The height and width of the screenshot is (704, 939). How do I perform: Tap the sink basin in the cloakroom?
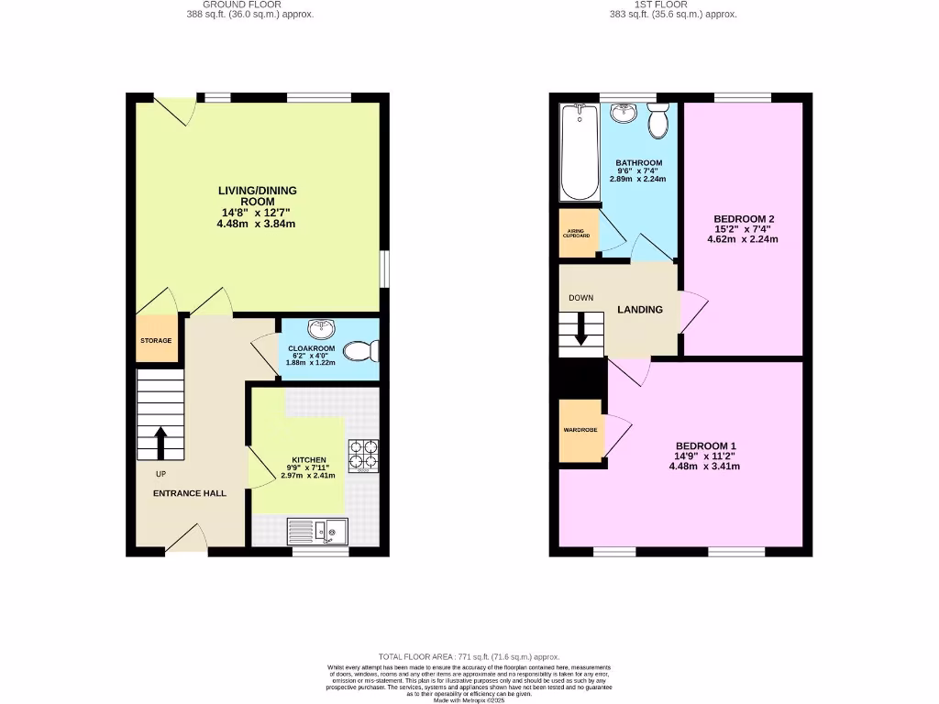pos(323,329)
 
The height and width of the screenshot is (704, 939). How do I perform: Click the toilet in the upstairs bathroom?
pos(657,120)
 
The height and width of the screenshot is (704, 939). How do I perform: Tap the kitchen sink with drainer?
pos(316,530)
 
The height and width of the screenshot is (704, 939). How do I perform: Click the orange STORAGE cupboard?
pos(156,340)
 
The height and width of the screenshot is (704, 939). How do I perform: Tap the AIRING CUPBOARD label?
pos(577,233)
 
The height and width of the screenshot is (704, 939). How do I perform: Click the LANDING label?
pos(639,310)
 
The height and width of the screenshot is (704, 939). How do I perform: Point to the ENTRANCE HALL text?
pos(189,493)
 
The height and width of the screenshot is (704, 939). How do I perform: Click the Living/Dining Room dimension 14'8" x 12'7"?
pos(257,213)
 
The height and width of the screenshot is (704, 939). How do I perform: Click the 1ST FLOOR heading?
pos(674,5)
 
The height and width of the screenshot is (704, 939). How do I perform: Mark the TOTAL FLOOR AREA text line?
pos(469,657)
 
